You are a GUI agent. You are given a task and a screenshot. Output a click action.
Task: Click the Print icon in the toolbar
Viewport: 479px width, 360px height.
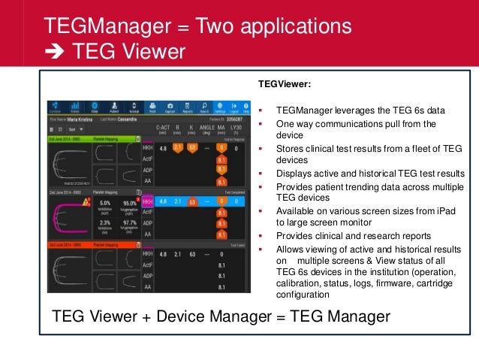click(x=152, y=107)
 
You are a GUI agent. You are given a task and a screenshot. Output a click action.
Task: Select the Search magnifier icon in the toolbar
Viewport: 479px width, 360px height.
click(x=204, y=107)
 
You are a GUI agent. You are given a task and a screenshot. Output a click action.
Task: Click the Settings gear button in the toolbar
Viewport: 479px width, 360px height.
click(x=219, y=107)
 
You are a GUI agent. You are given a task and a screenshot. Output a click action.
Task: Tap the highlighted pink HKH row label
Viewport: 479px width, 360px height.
click(x=147, y=201)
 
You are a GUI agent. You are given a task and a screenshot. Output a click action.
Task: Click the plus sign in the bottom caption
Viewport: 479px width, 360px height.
click(x=140, y=316)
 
